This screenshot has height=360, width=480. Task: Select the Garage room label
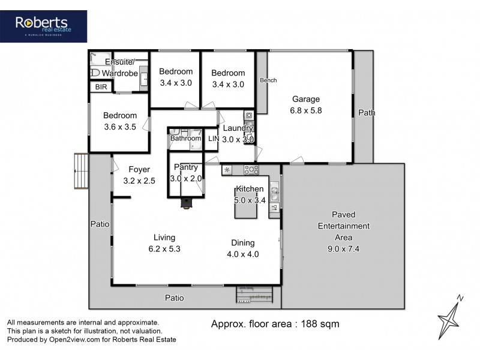tap(306, 99)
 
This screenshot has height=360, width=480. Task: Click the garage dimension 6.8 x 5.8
tap(306, 110)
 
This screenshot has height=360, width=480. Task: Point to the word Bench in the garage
tap(268, 80)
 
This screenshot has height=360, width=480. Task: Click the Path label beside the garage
tap(366, 113)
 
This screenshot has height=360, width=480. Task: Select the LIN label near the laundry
tap(214, 139)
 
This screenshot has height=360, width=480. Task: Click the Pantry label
tap(185, 167)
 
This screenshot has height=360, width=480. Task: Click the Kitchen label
tap(250, 189)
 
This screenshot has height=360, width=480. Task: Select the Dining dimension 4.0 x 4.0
tap(243, 254)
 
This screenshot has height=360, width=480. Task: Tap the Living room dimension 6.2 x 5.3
tap(164, 248)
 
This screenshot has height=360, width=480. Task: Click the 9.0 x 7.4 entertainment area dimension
tap(343, 248)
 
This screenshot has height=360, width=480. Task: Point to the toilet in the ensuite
tap(95, 72)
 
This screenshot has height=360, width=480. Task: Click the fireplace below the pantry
tap(187, 204)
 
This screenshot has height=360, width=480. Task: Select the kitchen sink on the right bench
tap(274, 193)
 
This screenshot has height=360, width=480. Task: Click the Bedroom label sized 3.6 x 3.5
tap(120, 116)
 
